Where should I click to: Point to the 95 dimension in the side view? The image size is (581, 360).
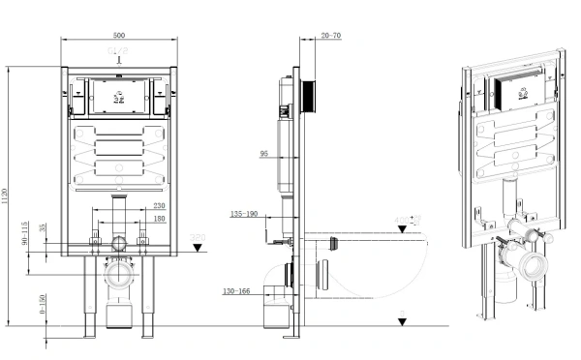pos(264,153)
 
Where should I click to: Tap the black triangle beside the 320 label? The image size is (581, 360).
pos(198,248)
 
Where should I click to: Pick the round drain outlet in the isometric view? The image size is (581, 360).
pos(530,268)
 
